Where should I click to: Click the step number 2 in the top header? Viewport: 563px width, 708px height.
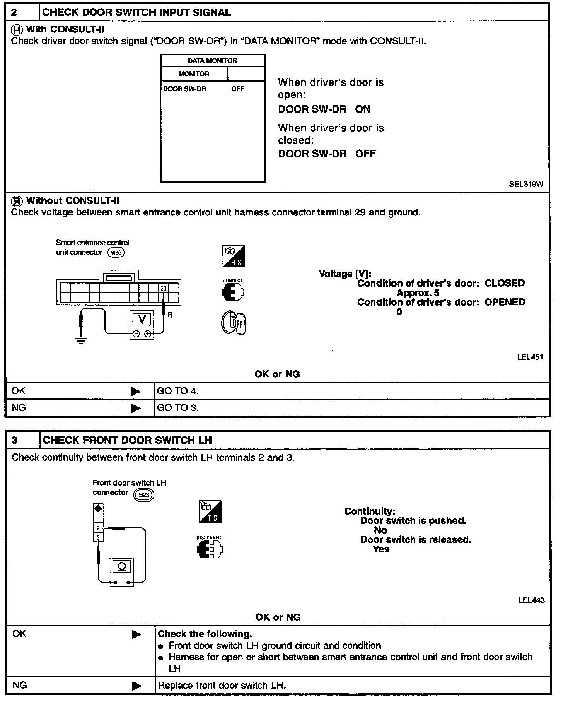tap(14, 12)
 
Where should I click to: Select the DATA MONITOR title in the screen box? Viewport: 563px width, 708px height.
tap(212, 61)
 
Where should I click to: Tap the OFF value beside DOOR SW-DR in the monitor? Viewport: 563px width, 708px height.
tap(238, 89)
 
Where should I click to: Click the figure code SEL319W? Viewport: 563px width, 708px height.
tap(526, 184)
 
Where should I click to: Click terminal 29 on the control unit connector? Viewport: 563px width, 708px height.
tap(163, 289)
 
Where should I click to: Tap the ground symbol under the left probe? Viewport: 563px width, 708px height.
tap(81, 340)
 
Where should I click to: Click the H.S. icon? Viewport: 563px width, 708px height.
tap(234, 256)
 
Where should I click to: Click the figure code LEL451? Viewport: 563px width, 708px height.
tap(530, 357)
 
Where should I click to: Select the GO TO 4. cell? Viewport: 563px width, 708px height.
tap(178, 391)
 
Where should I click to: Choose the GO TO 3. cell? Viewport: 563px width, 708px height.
tap(178, 408)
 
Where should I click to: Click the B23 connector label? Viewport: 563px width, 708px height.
tap(143, 495)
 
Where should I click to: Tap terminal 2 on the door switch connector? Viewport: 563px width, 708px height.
tap(98, 528)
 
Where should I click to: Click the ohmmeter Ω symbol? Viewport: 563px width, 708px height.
tap(122, 567)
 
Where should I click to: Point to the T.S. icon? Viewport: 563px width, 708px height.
tap(210, 511)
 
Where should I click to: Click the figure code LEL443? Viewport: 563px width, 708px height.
tap(531, 600)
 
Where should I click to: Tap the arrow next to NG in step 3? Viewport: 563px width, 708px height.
tap(136, 686)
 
